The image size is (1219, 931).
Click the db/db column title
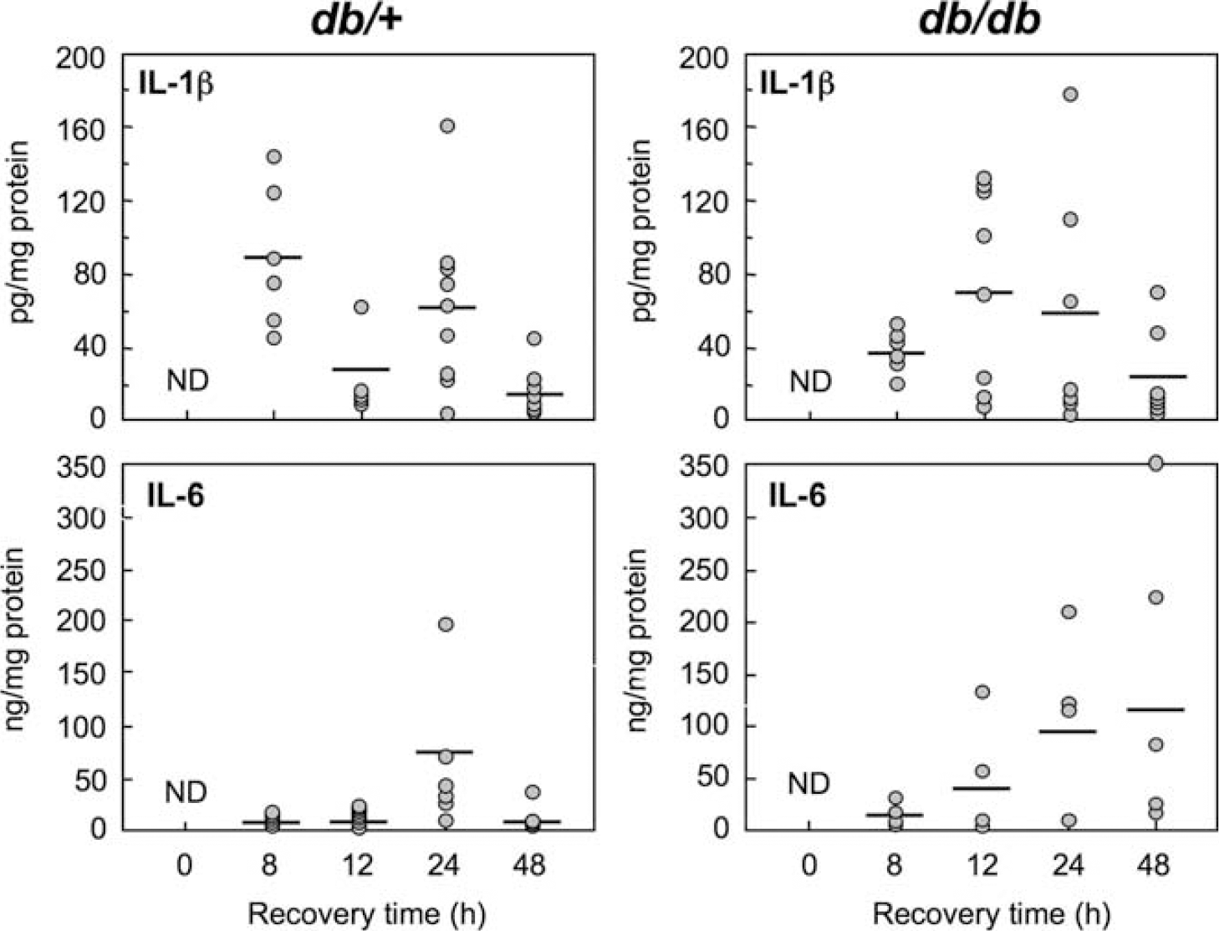click(980, 23)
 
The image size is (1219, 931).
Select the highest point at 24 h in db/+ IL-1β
click(447, 126)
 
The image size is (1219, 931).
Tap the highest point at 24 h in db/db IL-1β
click(1070, 95)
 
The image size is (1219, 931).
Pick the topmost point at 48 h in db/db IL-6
click(1155, 464)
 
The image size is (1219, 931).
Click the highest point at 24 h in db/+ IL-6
click(446, 624)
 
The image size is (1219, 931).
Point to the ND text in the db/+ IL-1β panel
click(188, 381)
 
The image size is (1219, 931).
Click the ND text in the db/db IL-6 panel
click(809, 784)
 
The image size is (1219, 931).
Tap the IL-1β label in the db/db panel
click(797, 86)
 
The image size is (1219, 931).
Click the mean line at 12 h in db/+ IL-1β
click(361, 369)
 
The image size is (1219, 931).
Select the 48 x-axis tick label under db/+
click(530, 865)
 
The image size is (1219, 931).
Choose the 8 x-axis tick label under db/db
click(894, 865)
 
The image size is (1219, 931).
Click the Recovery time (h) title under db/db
click(992, 913)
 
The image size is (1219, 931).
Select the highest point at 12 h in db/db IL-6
click(982, 692)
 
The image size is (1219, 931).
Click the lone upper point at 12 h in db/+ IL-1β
click(361, 307)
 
